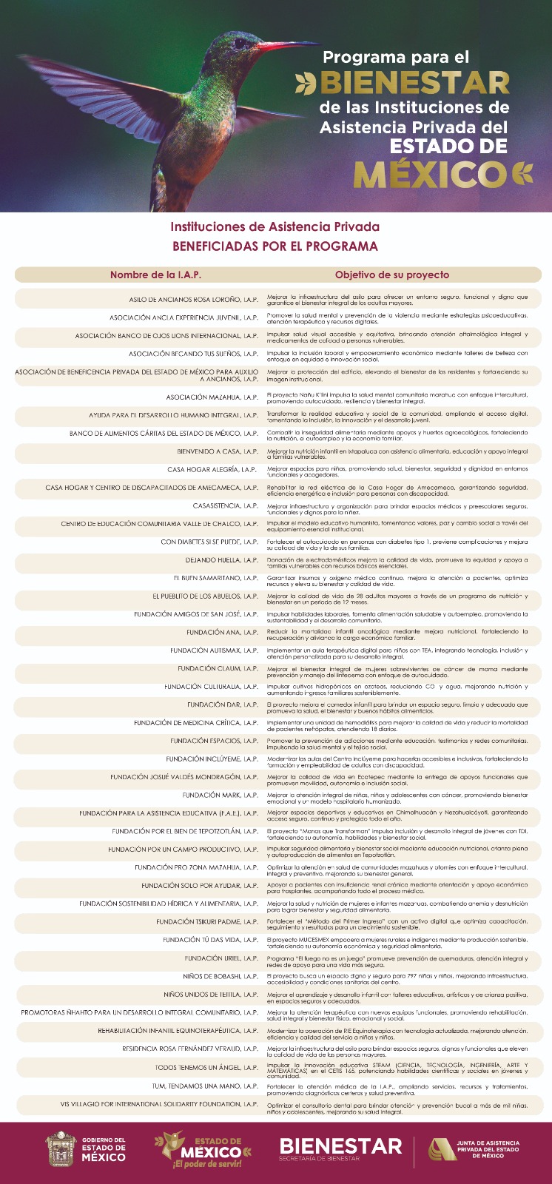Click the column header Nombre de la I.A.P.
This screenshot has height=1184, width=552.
[x=155, y=275]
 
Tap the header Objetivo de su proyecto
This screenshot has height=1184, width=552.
[x=391, y=275]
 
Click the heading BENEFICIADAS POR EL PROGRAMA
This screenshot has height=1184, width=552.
[x=275, y=246]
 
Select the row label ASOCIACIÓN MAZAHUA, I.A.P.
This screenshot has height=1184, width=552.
[x=212, y=397]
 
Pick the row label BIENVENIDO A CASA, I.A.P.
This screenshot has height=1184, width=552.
[x=217, y=451]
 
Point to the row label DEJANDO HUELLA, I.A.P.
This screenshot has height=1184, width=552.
[x=221, y=560]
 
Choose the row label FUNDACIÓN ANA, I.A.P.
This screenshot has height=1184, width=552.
[x=222, y=632]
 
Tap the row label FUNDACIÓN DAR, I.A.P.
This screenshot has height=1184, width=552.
[x=222, y=704]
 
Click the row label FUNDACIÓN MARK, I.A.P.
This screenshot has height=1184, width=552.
[x=220, y=795]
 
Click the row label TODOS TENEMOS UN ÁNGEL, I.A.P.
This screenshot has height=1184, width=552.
[x=206, y=1067]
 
